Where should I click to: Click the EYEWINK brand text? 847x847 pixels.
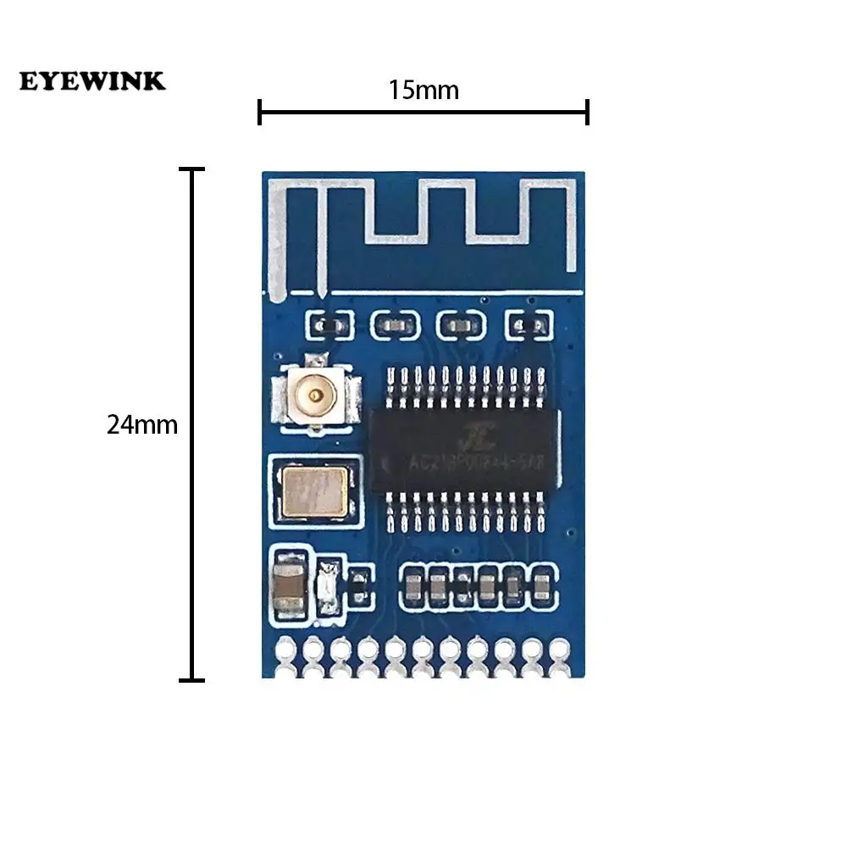pos(93,81)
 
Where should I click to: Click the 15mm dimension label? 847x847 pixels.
pos(423,90)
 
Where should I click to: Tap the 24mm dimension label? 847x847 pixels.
pos(142,424)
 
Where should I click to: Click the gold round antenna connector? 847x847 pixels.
pos(316,394)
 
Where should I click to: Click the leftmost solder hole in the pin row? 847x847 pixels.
pos(286,649)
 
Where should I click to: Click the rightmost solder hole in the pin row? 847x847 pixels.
pos(558,649)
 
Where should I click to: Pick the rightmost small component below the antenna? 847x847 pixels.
pos(529,324)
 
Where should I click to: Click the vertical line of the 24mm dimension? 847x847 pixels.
pos(193,424)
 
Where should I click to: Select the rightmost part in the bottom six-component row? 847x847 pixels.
pos(540,583)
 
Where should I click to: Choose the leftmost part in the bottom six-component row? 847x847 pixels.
pos(412,583)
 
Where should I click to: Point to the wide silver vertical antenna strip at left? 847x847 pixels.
pos(275,241)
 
